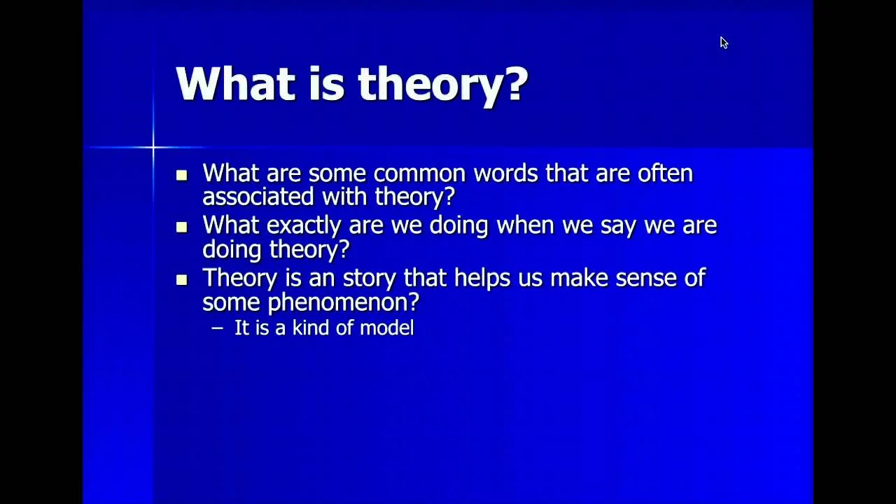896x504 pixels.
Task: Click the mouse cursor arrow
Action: click(x=724, y=43)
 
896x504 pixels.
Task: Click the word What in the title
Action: click(x=236, y=83)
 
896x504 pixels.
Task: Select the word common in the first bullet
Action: click(x=419, y=173)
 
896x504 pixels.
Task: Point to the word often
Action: click(x=665, y=173)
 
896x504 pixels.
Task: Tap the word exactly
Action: click(x=304, y=226)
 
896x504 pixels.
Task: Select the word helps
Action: click(x=482, y=278)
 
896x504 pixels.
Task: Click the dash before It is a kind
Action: click(x=217, y=328)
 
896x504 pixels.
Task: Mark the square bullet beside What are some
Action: click(x=181, y=175)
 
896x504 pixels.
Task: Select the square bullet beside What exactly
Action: click(x=181, y=227)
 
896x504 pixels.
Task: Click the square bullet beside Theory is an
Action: click(x=181, y=279)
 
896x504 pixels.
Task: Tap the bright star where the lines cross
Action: click(x=153, y=148)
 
